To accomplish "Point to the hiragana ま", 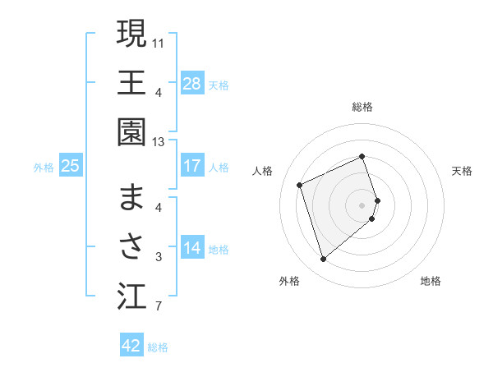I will pos(131,197).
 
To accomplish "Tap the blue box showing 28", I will pos(192,83).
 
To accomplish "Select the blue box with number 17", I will pos(192,166).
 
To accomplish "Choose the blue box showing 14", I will pos(192,249).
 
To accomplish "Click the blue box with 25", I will pos(71,166).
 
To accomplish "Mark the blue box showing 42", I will pos(131,346).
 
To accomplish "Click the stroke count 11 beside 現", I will pos(159,42).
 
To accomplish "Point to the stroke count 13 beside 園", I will pos(159,142).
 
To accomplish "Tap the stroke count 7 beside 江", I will pos(158,308).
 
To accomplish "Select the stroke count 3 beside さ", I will pos(158,258).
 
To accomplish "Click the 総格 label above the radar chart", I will pos(362,107).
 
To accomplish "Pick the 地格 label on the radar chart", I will pos(431,281).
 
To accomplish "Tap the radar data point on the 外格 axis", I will pos(323,260).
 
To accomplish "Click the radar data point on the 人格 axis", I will pos(301,185).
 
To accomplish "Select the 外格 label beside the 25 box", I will pos(44,167).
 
